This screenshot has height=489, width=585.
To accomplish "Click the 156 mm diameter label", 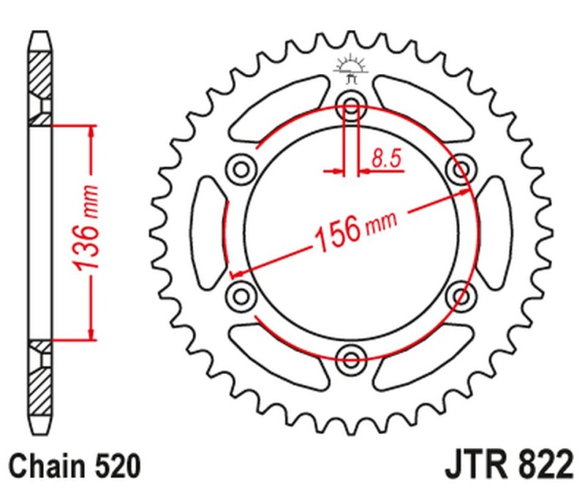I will pyautogui.click(x=355, y=228).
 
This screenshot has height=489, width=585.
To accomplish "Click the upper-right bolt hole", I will pyautogui.click(x=461, y=169).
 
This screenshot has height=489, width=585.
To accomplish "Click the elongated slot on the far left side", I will pyautogui.click(x=207, y=232).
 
